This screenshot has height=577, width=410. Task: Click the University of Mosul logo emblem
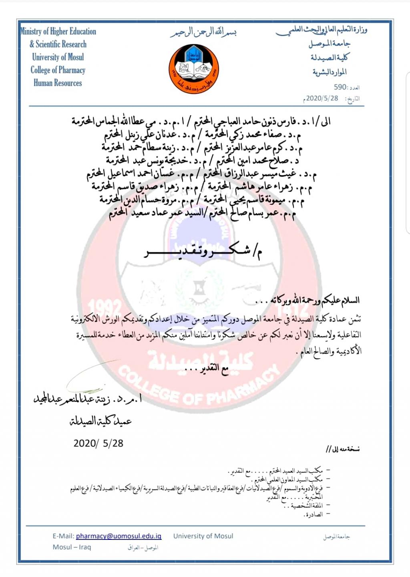pyautogui.click(x=194, y=68)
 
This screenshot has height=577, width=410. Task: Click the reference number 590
pyautogui.click(x=340, y=87)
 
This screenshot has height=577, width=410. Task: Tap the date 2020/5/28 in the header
pyautogui.click(x=322, y=98)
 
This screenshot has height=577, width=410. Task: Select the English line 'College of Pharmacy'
pyautogui.click(x=58, y=70)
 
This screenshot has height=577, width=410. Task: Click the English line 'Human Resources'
pyautogui.click(x=58, y=83)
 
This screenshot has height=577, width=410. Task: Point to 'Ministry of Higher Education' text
pyautogui.click(x=58, y=31)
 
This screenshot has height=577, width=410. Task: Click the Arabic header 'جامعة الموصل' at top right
pyautogui.click(x=329, y=44)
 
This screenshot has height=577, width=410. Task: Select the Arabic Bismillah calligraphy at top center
pyautogui.click(x=204, y=32)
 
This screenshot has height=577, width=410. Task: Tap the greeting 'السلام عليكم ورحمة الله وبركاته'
pyautogui.click(x=307, y=300)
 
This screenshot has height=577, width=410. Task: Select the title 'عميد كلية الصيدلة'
pyautogui.click(x=100, y=421)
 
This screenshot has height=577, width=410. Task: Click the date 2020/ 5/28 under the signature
pyautogui.click(x=98, y=443)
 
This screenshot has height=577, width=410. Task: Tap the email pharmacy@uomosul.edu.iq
pyautogui.click(x=119, y=536)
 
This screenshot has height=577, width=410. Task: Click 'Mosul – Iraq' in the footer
pyautogui.click(x=72, y=547)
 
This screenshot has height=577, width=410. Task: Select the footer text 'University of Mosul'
pyautogui.click(x=203, y=536)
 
